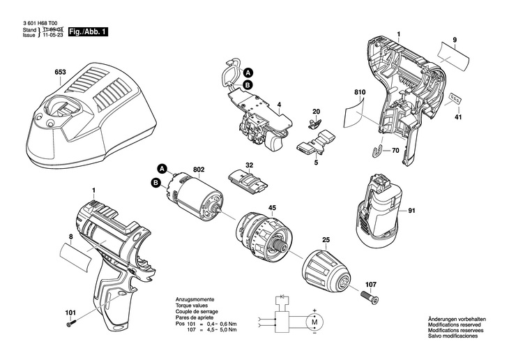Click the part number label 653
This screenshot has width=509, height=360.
[x=60, y=72]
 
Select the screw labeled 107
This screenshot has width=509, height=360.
[x=370, y=297]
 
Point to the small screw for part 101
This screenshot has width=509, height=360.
[x=71, y=323]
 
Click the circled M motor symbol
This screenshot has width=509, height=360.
[x=314, y=322]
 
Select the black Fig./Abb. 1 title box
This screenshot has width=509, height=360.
[x=88, y=32]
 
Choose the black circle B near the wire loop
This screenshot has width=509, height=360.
[x=248, y=85]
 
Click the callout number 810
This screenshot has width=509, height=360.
[x=360, y=92]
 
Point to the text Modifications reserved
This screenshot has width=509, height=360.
[x=455, y=324]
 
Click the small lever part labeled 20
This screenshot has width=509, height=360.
[x=314, y=123]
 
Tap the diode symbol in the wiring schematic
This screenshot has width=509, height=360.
[x=282, y=297]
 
